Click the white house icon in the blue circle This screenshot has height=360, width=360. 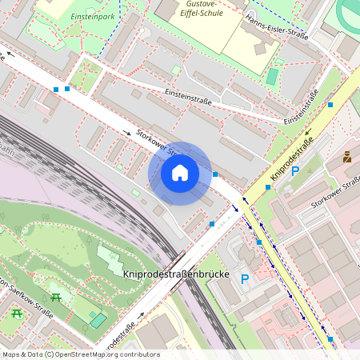coord(179,173)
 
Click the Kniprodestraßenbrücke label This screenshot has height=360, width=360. coord(176,274)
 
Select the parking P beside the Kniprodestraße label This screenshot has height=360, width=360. coord(294,171)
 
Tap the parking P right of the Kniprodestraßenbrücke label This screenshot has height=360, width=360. coord(246,279)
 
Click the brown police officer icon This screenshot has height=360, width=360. coord(347,157)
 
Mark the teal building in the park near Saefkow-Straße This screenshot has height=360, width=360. coord(98,319)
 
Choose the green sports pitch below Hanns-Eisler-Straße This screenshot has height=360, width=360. coord(272,77)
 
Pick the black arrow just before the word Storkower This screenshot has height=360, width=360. coord(127,132)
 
